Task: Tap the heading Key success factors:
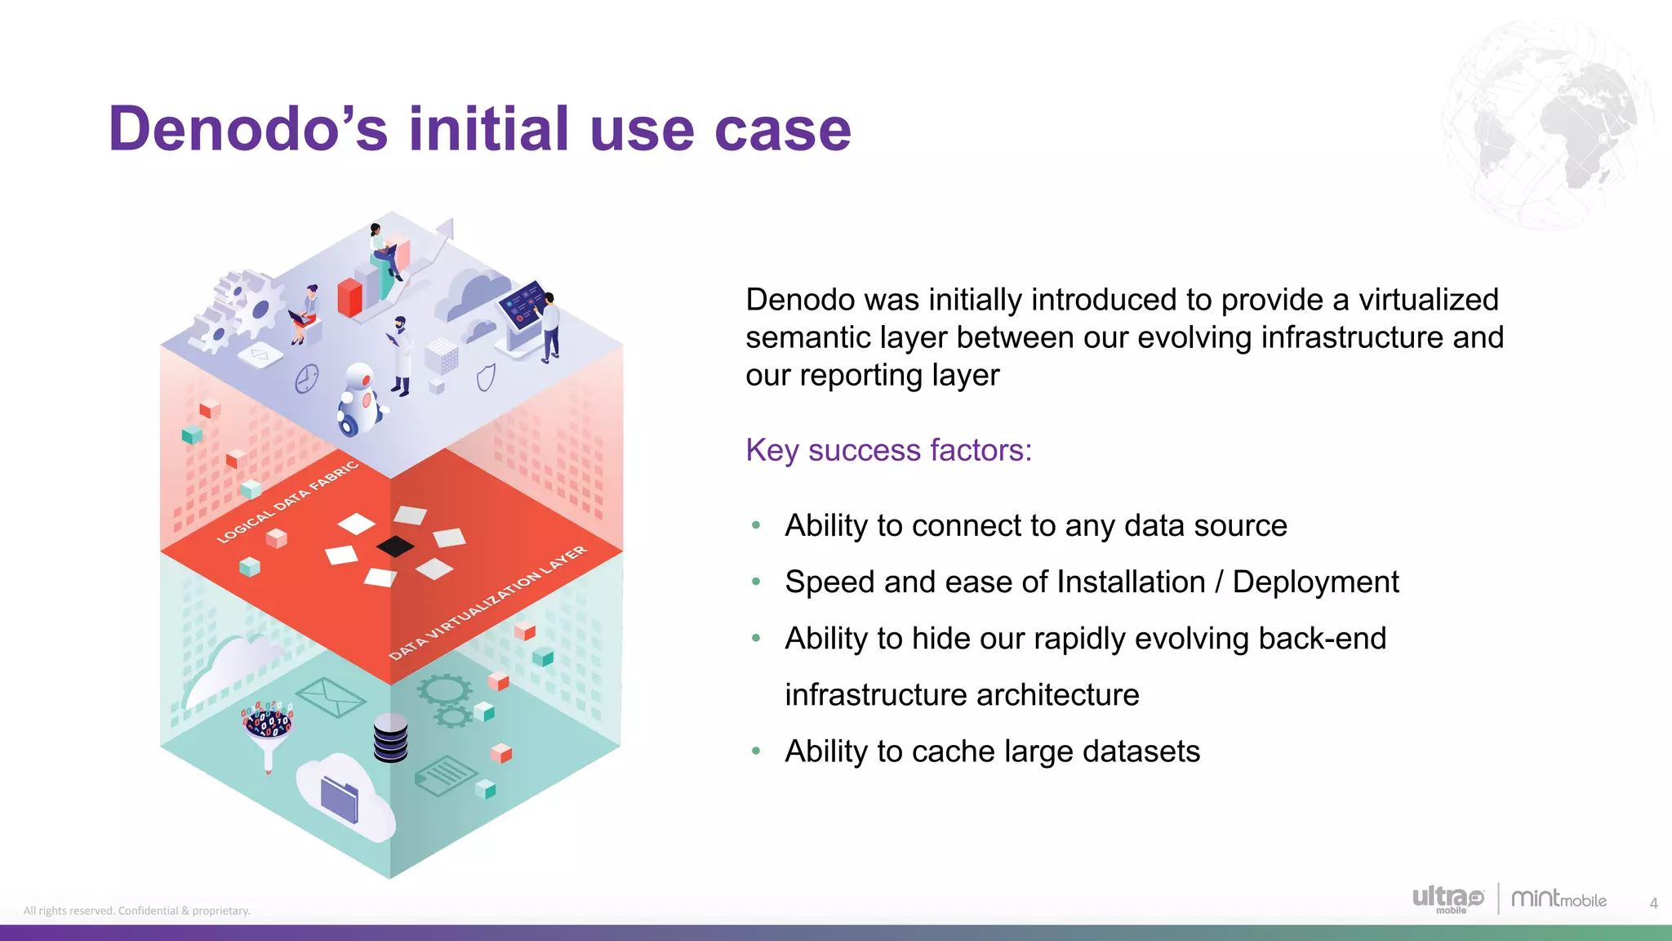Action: (x=888, y=450)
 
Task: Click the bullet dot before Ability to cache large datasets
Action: (x=756, y=751)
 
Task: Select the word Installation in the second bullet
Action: (x=1130, y=582)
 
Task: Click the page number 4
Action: (x=1653, y=903)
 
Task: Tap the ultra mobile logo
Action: (x=1447, y=899)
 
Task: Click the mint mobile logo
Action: (x=1558, y=899)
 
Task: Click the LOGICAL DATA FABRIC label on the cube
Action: (x=287, y=502)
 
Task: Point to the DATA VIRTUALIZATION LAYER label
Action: (x=487, y=602)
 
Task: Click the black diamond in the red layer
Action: (x=395, y=546)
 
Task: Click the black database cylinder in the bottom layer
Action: (x=390, y=738)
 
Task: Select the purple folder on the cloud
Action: (x=339, y=799)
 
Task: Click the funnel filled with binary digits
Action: (x=268, y=729)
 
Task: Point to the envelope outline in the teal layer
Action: (x=330, y=697)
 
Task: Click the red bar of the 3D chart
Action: (x=349, y=298)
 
